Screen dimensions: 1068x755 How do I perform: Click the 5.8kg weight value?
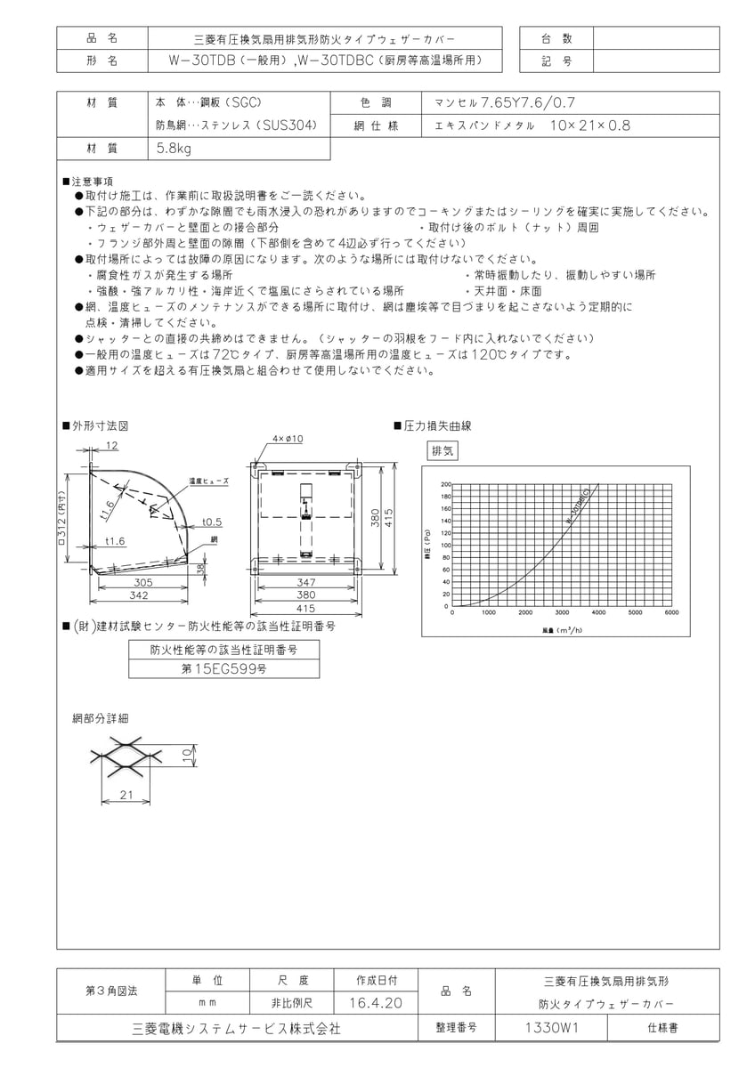coord(174,150)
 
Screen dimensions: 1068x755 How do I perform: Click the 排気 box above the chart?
coord(443,450)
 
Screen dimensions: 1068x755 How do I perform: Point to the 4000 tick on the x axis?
coord(598,612)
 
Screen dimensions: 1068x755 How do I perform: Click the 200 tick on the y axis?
coord(446,484)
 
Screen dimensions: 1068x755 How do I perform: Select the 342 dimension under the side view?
coord(138,594)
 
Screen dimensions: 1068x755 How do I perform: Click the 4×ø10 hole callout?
coord(288,439)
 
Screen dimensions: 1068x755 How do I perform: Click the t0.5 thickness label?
coord(212,522)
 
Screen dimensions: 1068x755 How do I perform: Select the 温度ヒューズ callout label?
coord(209,481)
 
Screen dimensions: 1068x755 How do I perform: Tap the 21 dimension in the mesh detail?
coord(126,794)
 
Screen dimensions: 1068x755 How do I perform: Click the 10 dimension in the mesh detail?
coord(185,755)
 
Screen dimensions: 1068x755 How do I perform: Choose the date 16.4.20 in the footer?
coord(376,1003)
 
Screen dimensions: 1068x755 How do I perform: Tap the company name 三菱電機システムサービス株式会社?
coord(236,1028)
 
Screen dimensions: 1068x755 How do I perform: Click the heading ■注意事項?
coord(87,181)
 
